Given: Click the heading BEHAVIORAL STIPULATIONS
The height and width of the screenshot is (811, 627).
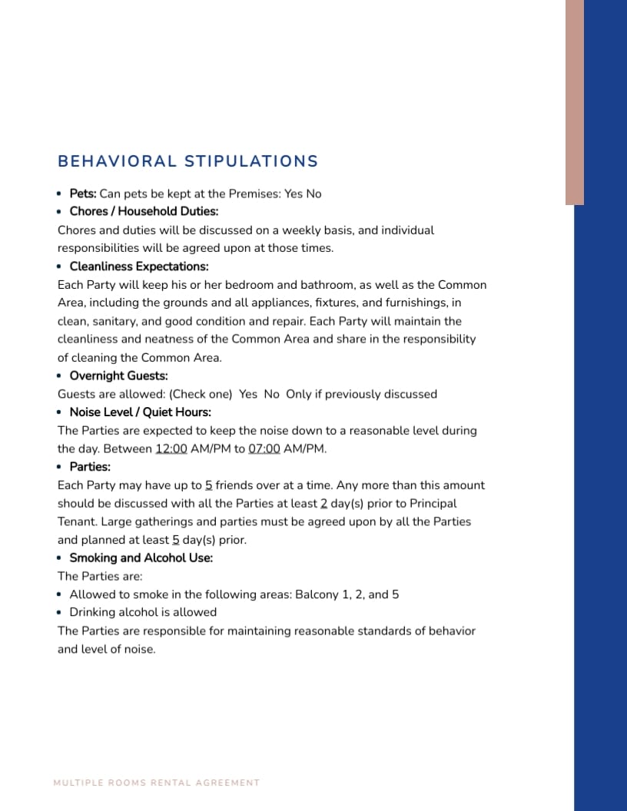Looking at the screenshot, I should pyautogui.click(x=187, y=161).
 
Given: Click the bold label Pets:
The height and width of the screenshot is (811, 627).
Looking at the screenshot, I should pyautogui.click(x=83, y=194).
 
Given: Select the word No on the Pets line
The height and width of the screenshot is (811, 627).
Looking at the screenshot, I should pyautogui.click(x=313, y=194).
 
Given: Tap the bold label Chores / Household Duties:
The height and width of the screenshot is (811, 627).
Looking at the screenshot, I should pyautogui.click(x=144, y=211).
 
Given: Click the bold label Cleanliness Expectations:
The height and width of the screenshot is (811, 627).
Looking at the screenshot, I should pyautogui.click(x=139, y=266).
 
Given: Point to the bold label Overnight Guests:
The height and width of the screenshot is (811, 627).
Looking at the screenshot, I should pyautogui.click(x=118, y=376).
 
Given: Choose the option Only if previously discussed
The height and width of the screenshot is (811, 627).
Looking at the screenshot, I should pyautogui.click(x=361, y=394).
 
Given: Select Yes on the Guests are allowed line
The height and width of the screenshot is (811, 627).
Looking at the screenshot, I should pyautogui.click(x=248, y=394).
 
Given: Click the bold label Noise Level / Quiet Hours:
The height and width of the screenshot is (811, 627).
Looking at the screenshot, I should pyautogui.click(x=140, y=412).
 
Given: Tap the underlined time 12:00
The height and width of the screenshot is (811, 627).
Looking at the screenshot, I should pyautogui.click(x=171, y=449).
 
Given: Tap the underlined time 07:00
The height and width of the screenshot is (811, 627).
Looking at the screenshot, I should pyautogui.click(x=264, y=449).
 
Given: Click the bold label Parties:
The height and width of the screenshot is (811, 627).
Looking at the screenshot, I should pyautogui.click(x=90, y=467).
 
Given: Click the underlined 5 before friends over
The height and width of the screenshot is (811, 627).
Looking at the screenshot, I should pyautogui.click(x=208, y=485).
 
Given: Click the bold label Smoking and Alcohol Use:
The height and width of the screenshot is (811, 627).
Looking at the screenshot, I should pyautogui.click(x=141, y=558).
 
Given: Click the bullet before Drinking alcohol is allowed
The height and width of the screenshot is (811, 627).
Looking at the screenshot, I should pyautogui.click(x=60, y=613).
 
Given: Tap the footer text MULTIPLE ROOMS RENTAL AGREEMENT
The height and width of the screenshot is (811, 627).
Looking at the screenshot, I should pyautogui.click(x=157, y=783).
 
